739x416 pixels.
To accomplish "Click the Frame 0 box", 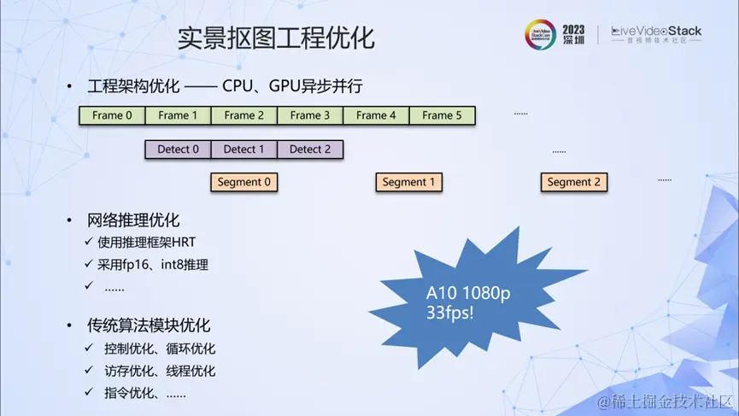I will pyautogui.click(x=112, y=115).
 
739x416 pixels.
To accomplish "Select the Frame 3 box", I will pyautogui.click(x=310, y=115).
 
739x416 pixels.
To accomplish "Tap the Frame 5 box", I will pyautogui.click(x=443, y=115).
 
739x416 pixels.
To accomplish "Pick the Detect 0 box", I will pyautogui.click(x=178, y=149).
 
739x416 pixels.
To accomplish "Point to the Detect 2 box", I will pyautogui.click(x=310, y=149).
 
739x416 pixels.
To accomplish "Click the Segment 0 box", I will pyautogui.click(x=244, y=182).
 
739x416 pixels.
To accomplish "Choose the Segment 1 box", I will pyautogui.click(x=408, y=182).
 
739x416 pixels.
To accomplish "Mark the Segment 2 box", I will pyautogui.click(x=574, y=182).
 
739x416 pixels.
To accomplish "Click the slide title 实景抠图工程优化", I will pyautogui.click(x=275, y=38).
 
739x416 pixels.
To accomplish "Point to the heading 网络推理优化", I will pyautogui.click(x=133, y=220).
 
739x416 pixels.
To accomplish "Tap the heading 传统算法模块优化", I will pyautogui.click(x=149, y=325).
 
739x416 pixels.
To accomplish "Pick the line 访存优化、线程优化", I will pyautogui.click(x=160, y=371).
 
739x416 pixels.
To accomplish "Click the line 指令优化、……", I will pyautogui.click(x=145, y=393).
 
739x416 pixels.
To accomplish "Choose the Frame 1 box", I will pyautogui.click(x=178, y=115).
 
